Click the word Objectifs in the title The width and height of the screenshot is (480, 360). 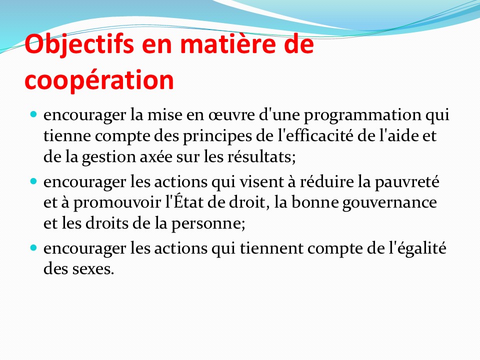click(x=79, y=44)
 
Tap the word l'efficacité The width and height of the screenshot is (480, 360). click(x=315, y=135)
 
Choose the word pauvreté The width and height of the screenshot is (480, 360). click(x=407, y=182)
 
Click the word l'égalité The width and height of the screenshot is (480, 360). click(x=417, y=248)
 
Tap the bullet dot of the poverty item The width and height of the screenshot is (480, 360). click(x=33, y=181)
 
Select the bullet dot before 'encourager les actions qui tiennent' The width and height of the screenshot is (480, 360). click(x=33, y=247)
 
